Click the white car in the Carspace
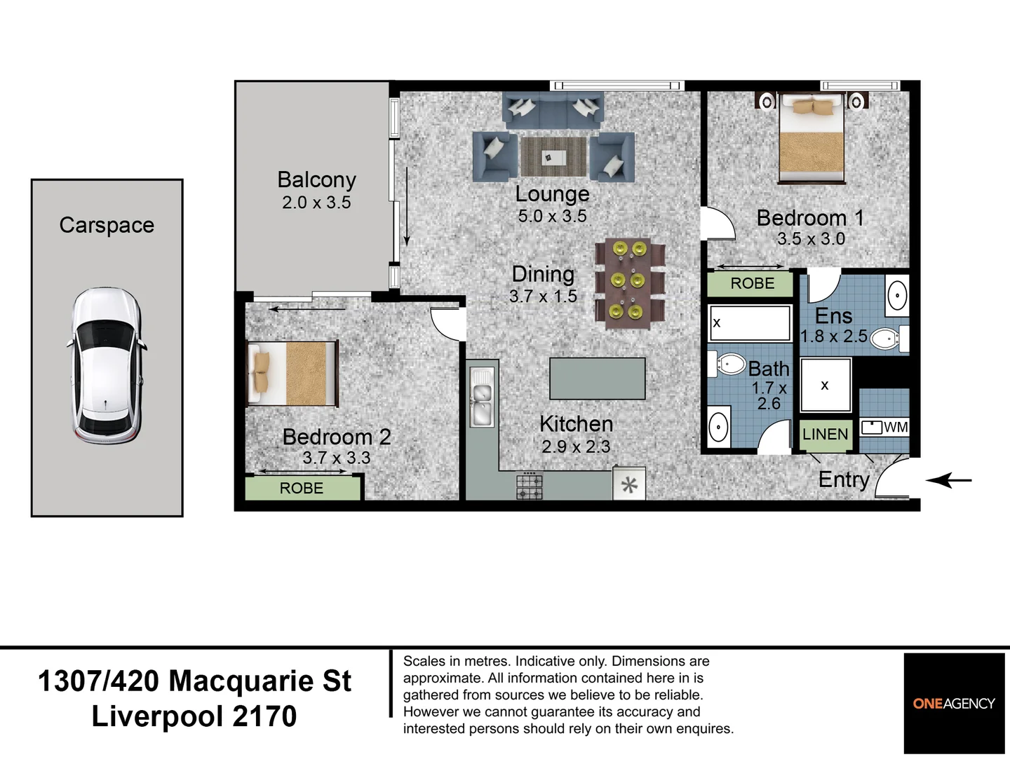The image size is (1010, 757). point(106,366)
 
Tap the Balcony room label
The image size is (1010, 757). point(316,180)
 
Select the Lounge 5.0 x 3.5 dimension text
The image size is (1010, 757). point(552,217)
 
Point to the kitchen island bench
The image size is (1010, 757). point(597,378)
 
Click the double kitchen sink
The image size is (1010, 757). point(481,397)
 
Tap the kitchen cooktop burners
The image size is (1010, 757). point(529,486)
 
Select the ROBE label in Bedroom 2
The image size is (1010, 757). point(302,489)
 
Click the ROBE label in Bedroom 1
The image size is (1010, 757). point(752,284)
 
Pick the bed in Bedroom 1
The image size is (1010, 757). point(812,138)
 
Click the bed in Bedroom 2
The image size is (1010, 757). point(292,373)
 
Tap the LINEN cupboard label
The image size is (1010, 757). point(825,435)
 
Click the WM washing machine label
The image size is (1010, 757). point(896,428)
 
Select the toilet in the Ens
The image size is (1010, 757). point(887,339)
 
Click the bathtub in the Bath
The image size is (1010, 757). point(749,322)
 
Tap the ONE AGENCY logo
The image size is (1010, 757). point(953,703)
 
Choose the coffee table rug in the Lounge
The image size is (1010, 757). point(553,156)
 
